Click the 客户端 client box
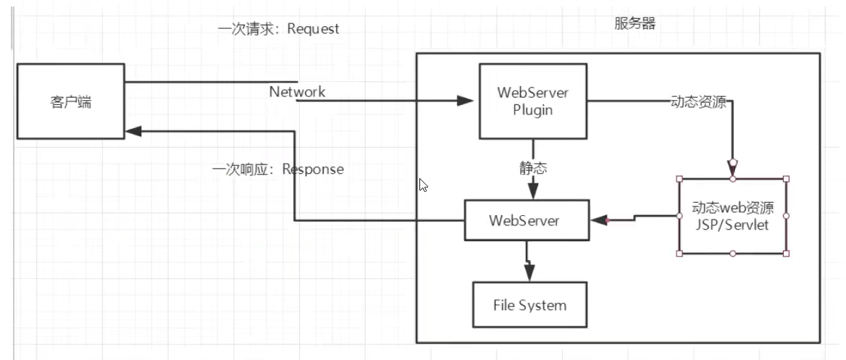[x=70, y=101]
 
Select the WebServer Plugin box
[x=533, y=101]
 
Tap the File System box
[x=529, y=305]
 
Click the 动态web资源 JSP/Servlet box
[x=732, y=216]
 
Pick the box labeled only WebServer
[x=524, y=220]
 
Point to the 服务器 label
[x=634, y=24]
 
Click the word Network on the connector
[x=297, y=92]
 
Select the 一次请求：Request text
[x=278, y=29]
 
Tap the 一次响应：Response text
[x=278, y=169]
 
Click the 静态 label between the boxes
[x=533, y=168]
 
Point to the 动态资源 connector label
[x=698, y=101]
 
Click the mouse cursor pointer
[x=424, y=185]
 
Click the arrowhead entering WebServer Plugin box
[x=466, y=101]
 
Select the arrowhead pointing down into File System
[x=529, y=272]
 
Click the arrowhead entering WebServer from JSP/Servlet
[x=598, y=220]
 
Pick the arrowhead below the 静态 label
[x=533, y=190]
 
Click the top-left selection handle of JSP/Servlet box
[x=679, y=179]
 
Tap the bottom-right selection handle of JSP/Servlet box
[x=787, y=254]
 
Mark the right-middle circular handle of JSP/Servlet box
[x=787, y=216]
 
